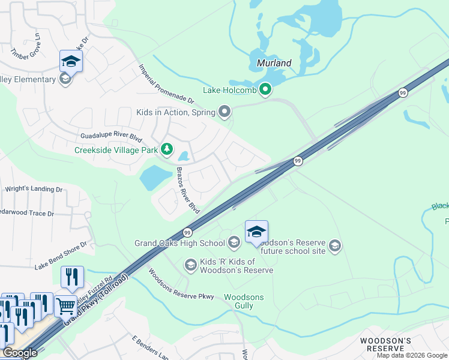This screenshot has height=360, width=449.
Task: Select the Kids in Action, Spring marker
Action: click(225, 111)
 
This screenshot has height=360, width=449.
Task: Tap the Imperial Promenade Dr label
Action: click(167, 83)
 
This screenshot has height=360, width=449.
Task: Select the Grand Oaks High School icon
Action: click(234, 242)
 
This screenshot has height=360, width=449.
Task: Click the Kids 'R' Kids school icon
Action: click(190, 265)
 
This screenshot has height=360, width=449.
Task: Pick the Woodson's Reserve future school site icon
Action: click(335, 245)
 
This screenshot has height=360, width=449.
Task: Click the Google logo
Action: click(20, 353)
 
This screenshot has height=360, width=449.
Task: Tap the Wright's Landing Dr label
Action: click(34, 189)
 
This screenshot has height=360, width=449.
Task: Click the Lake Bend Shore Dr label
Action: click(61, 255)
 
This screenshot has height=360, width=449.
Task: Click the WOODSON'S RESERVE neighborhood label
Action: click(385, 344)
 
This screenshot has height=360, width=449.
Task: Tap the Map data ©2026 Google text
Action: click(411, 355)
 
